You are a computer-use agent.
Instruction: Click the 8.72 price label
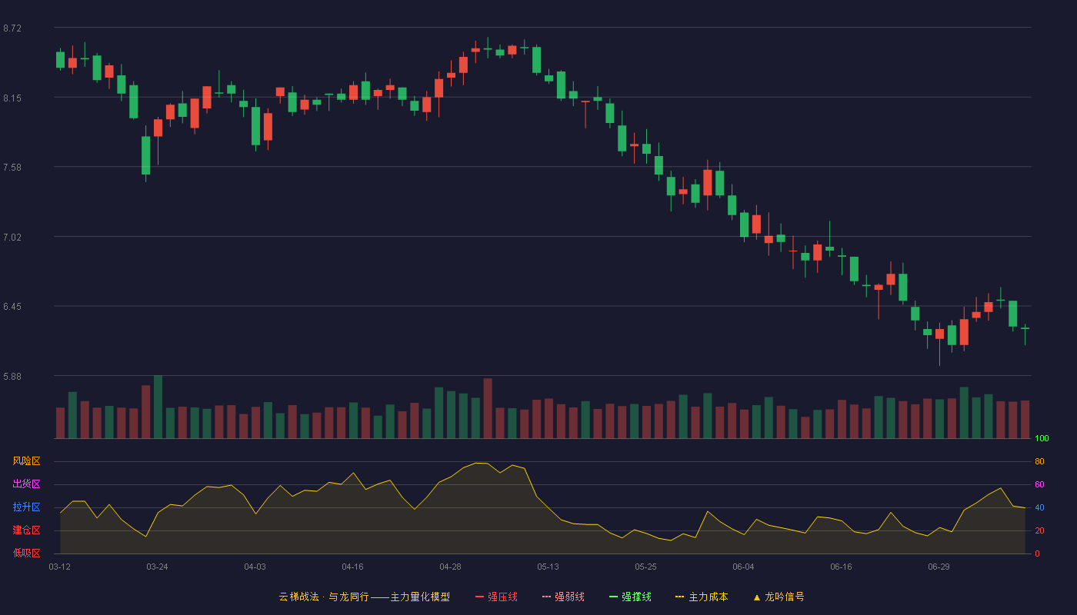[x=12, y=28]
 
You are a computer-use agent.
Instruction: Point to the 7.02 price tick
[x=12, y=238]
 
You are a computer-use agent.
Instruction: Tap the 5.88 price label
[x=12, y=377]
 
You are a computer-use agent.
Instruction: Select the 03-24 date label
[x=157, y=567]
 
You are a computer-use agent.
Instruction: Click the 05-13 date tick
[x=548, y=567]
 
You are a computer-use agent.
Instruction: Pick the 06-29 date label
[x=939, y=567]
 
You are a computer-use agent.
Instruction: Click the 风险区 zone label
[x=26, y=461]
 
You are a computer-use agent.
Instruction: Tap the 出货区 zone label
[x=26, y=484]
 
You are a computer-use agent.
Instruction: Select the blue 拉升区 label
[x=26, y=507]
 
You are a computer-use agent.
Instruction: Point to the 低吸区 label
[x=26, y=553]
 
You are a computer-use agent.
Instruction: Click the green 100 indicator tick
[x=1042, y=438]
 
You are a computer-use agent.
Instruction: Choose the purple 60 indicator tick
[x=1039, y=484]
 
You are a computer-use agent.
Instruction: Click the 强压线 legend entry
[x=497, y=597]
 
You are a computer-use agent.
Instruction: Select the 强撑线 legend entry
[x=630, y=597]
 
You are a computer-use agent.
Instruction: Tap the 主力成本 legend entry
[x=702, y=597]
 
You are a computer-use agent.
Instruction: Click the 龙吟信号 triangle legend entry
[x=779, y=597]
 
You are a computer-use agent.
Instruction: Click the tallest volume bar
[x=158, y=407]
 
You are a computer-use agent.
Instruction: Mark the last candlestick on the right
[x=1025, y=334]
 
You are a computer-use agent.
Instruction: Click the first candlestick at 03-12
[x=60, y=60]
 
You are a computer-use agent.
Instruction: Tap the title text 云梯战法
[x=299, y=597]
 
